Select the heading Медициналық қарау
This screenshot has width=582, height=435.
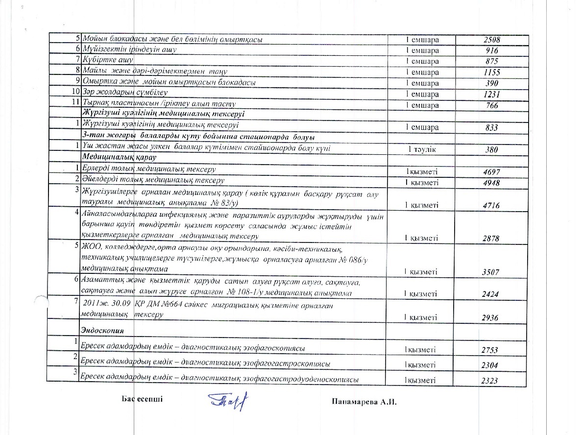click(119, 158)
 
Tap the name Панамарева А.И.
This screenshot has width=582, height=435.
click(363, 402)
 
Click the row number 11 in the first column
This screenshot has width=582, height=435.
click(75, 103)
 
